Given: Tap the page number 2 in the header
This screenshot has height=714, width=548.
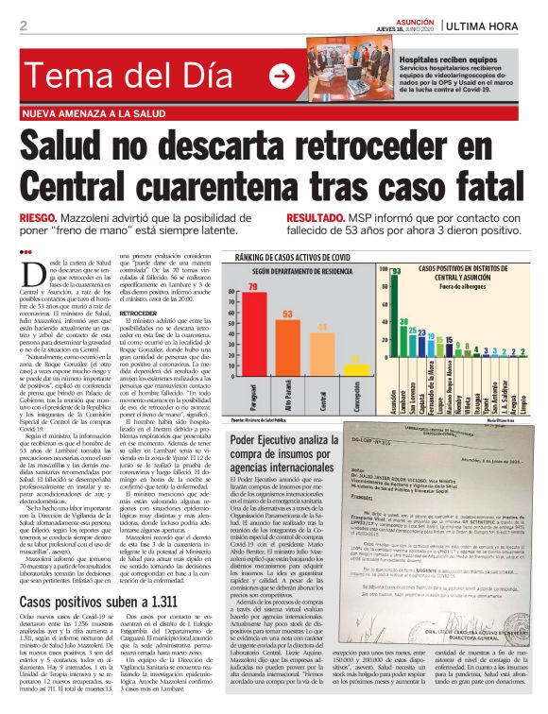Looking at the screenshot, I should (x=23, y=25).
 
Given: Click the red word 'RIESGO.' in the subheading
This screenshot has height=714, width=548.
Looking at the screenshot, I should (x=40, y=217).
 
